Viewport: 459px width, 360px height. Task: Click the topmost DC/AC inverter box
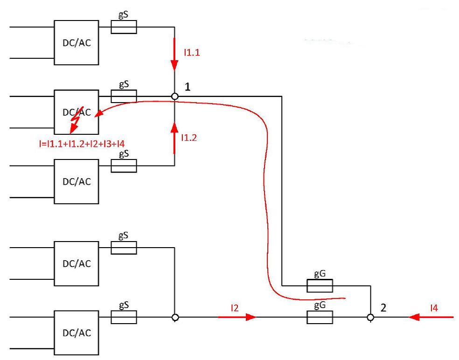pos(76,42)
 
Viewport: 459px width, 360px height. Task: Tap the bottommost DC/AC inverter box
pos(76,333)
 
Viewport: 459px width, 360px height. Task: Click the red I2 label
pos(235,308)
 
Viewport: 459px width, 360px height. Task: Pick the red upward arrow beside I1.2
pos(174,137)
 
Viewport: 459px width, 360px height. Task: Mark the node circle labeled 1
pos(174,96)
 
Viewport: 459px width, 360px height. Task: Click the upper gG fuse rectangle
pos(320,285)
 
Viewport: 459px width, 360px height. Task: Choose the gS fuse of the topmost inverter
pos(124,28)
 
